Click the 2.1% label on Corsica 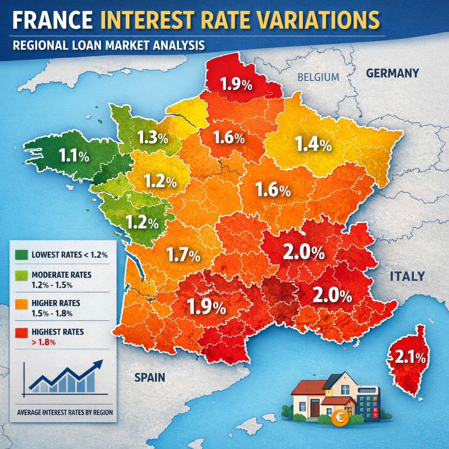point(410,357)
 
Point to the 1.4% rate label point(313,144)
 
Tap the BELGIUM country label point(318,78)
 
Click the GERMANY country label point(392,73)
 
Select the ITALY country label point(407,276)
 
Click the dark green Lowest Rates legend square point(20,255)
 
